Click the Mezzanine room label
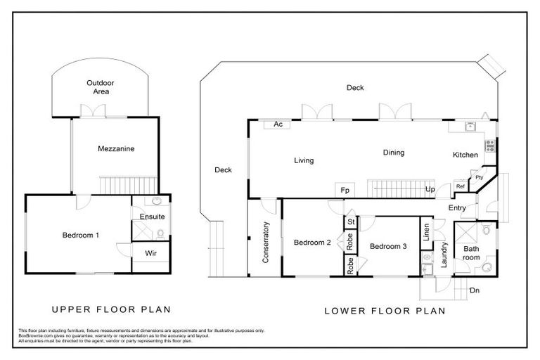(117, 149)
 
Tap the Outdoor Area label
(101, 87)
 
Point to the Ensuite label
(152, 217)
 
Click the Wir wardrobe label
(150, 252)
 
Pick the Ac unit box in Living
(278, 124)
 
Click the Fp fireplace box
(345, 191)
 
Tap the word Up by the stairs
(430, 190)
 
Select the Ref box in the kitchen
(461, 186)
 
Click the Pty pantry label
(479, 178)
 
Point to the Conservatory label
(266, 243)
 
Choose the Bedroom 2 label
(312, 243)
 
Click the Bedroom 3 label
(388, 246)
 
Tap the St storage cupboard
(349, 222)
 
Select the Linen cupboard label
(426, 233)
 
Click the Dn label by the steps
(475, 290)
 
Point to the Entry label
(457, 207)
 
